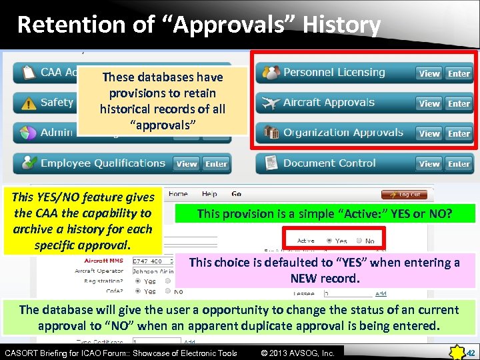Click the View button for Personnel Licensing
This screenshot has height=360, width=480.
[x=429, y=73]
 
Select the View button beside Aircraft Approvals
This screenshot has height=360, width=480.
[x=429, y=103]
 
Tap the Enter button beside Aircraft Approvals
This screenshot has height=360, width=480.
[x=459, y=103]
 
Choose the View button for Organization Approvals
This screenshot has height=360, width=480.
[x=429, y=133]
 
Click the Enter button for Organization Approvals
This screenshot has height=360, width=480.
[x=459, y=133]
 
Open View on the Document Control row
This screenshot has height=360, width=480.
[x=429, y=163]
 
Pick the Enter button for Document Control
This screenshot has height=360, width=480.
[x=459, y=163]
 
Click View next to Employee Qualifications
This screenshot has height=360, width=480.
[x=187, y=163]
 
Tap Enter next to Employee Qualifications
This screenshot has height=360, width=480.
[x=216, y=163]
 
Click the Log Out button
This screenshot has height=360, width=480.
[x=404, y=195]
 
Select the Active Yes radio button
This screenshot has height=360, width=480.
[x=329, y=241]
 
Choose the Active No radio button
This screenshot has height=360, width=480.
[x=359, y=241]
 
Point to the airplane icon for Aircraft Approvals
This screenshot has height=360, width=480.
[x=271, y=103]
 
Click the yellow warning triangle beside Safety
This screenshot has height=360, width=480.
[x=28, y=103]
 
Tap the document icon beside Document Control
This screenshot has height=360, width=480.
[x=271, y=163]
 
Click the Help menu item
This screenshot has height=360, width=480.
[x=209, y=194]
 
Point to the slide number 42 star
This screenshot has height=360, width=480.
[x=460, y=351]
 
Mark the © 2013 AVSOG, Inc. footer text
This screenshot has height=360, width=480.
[x=297, y=353]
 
